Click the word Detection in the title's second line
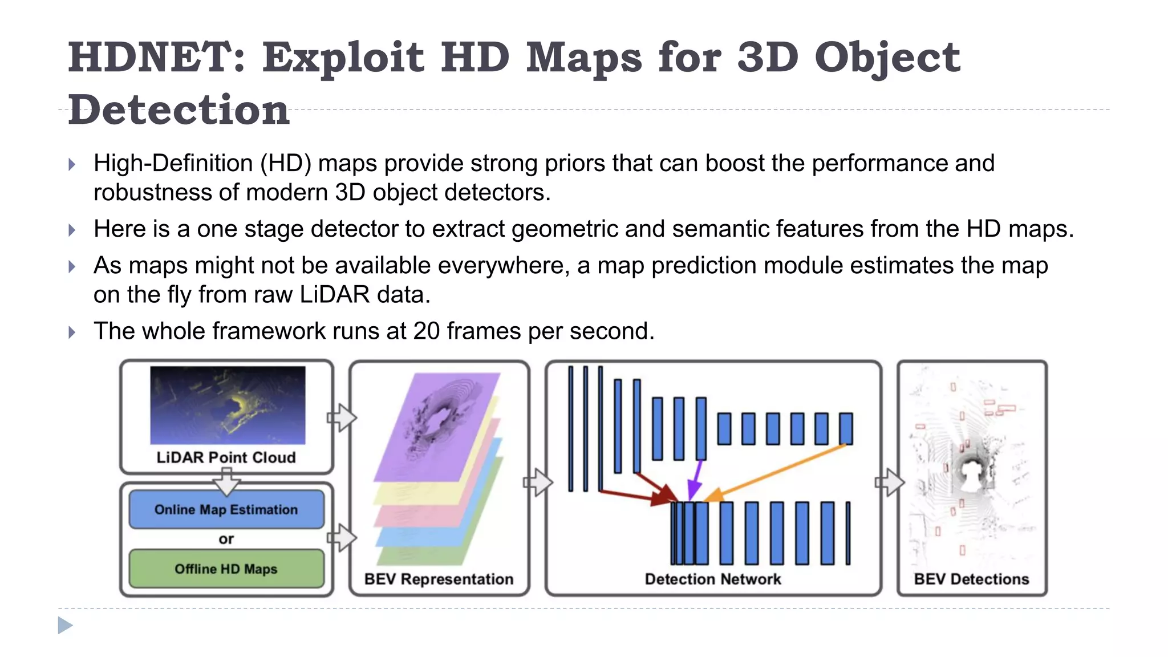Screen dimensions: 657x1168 click(179, 110)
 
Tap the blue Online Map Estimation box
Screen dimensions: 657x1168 click(226, 509)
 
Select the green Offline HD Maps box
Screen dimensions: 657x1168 click(226, 569)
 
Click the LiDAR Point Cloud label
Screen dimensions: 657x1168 click(226, 457)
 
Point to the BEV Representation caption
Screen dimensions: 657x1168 click(439, 579)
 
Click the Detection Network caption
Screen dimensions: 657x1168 click(712, 579)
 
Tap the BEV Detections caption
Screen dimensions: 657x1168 click(971, 579)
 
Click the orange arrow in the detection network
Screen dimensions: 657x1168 click(776, 472)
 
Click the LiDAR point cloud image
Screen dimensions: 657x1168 click(228, 405)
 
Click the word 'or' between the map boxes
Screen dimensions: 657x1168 click(226, 539)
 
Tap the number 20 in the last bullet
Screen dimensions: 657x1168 click(426, 331)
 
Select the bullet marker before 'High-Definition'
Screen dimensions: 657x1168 click(72, 165)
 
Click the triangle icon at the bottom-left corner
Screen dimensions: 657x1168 click(65, 626)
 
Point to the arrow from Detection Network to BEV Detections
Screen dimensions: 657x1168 click(890, 482)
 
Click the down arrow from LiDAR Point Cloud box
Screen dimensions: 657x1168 click(226, 481)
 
